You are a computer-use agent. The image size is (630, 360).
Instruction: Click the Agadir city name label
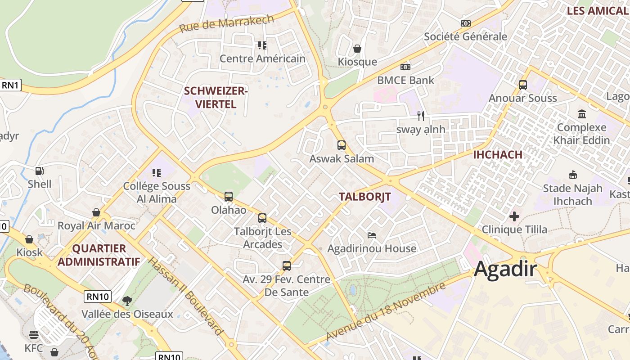point(505,269)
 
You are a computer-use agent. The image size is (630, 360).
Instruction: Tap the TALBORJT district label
point(364,197)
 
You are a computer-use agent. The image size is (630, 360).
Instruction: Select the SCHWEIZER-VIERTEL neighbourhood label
point(216,97)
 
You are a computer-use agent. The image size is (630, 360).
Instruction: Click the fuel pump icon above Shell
point(40,171)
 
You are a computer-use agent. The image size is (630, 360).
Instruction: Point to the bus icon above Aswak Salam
point(342,145)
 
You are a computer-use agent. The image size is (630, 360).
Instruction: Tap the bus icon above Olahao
point(229,197)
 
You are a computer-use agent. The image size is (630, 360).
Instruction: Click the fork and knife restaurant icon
point(421,116)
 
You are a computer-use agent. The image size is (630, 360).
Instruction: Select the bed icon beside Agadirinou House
point(372,235)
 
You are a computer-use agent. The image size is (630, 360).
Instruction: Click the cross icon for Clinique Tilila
point(514,216)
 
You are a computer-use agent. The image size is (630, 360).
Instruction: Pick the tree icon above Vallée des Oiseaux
point(127,301)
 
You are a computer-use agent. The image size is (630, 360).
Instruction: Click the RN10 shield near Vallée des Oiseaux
point(97,297)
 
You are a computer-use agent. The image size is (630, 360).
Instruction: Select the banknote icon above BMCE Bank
point(405,67)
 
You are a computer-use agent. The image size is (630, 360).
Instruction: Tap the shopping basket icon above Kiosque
point(357,48)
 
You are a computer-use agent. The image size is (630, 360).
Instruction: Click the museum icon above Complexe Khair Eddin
point(582,114)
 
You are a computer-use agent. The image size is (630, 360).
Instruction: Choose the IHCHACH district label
point(498,155)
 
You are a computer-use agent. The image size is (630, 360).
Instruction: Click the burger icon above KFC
point(34,335)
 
